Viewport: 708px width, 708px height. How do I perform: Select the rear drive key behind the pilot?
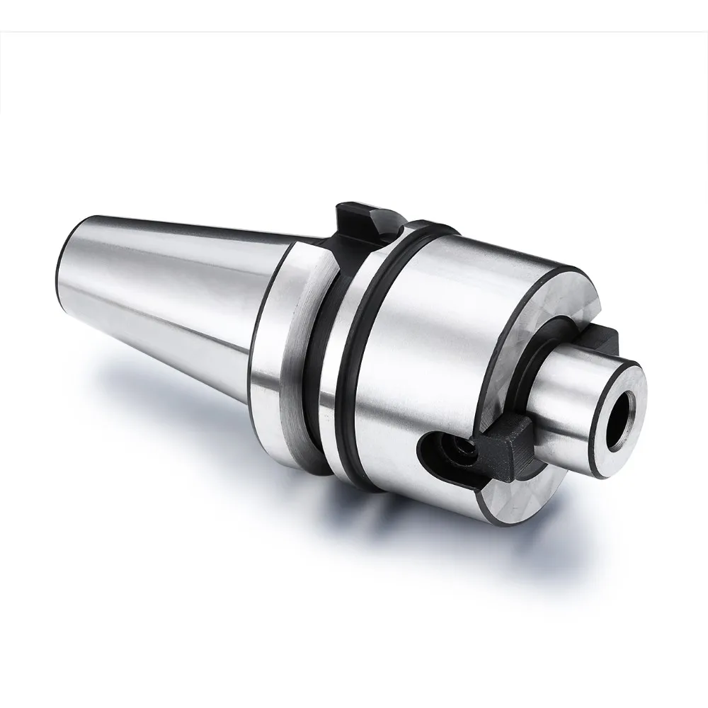coord(605,339)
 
